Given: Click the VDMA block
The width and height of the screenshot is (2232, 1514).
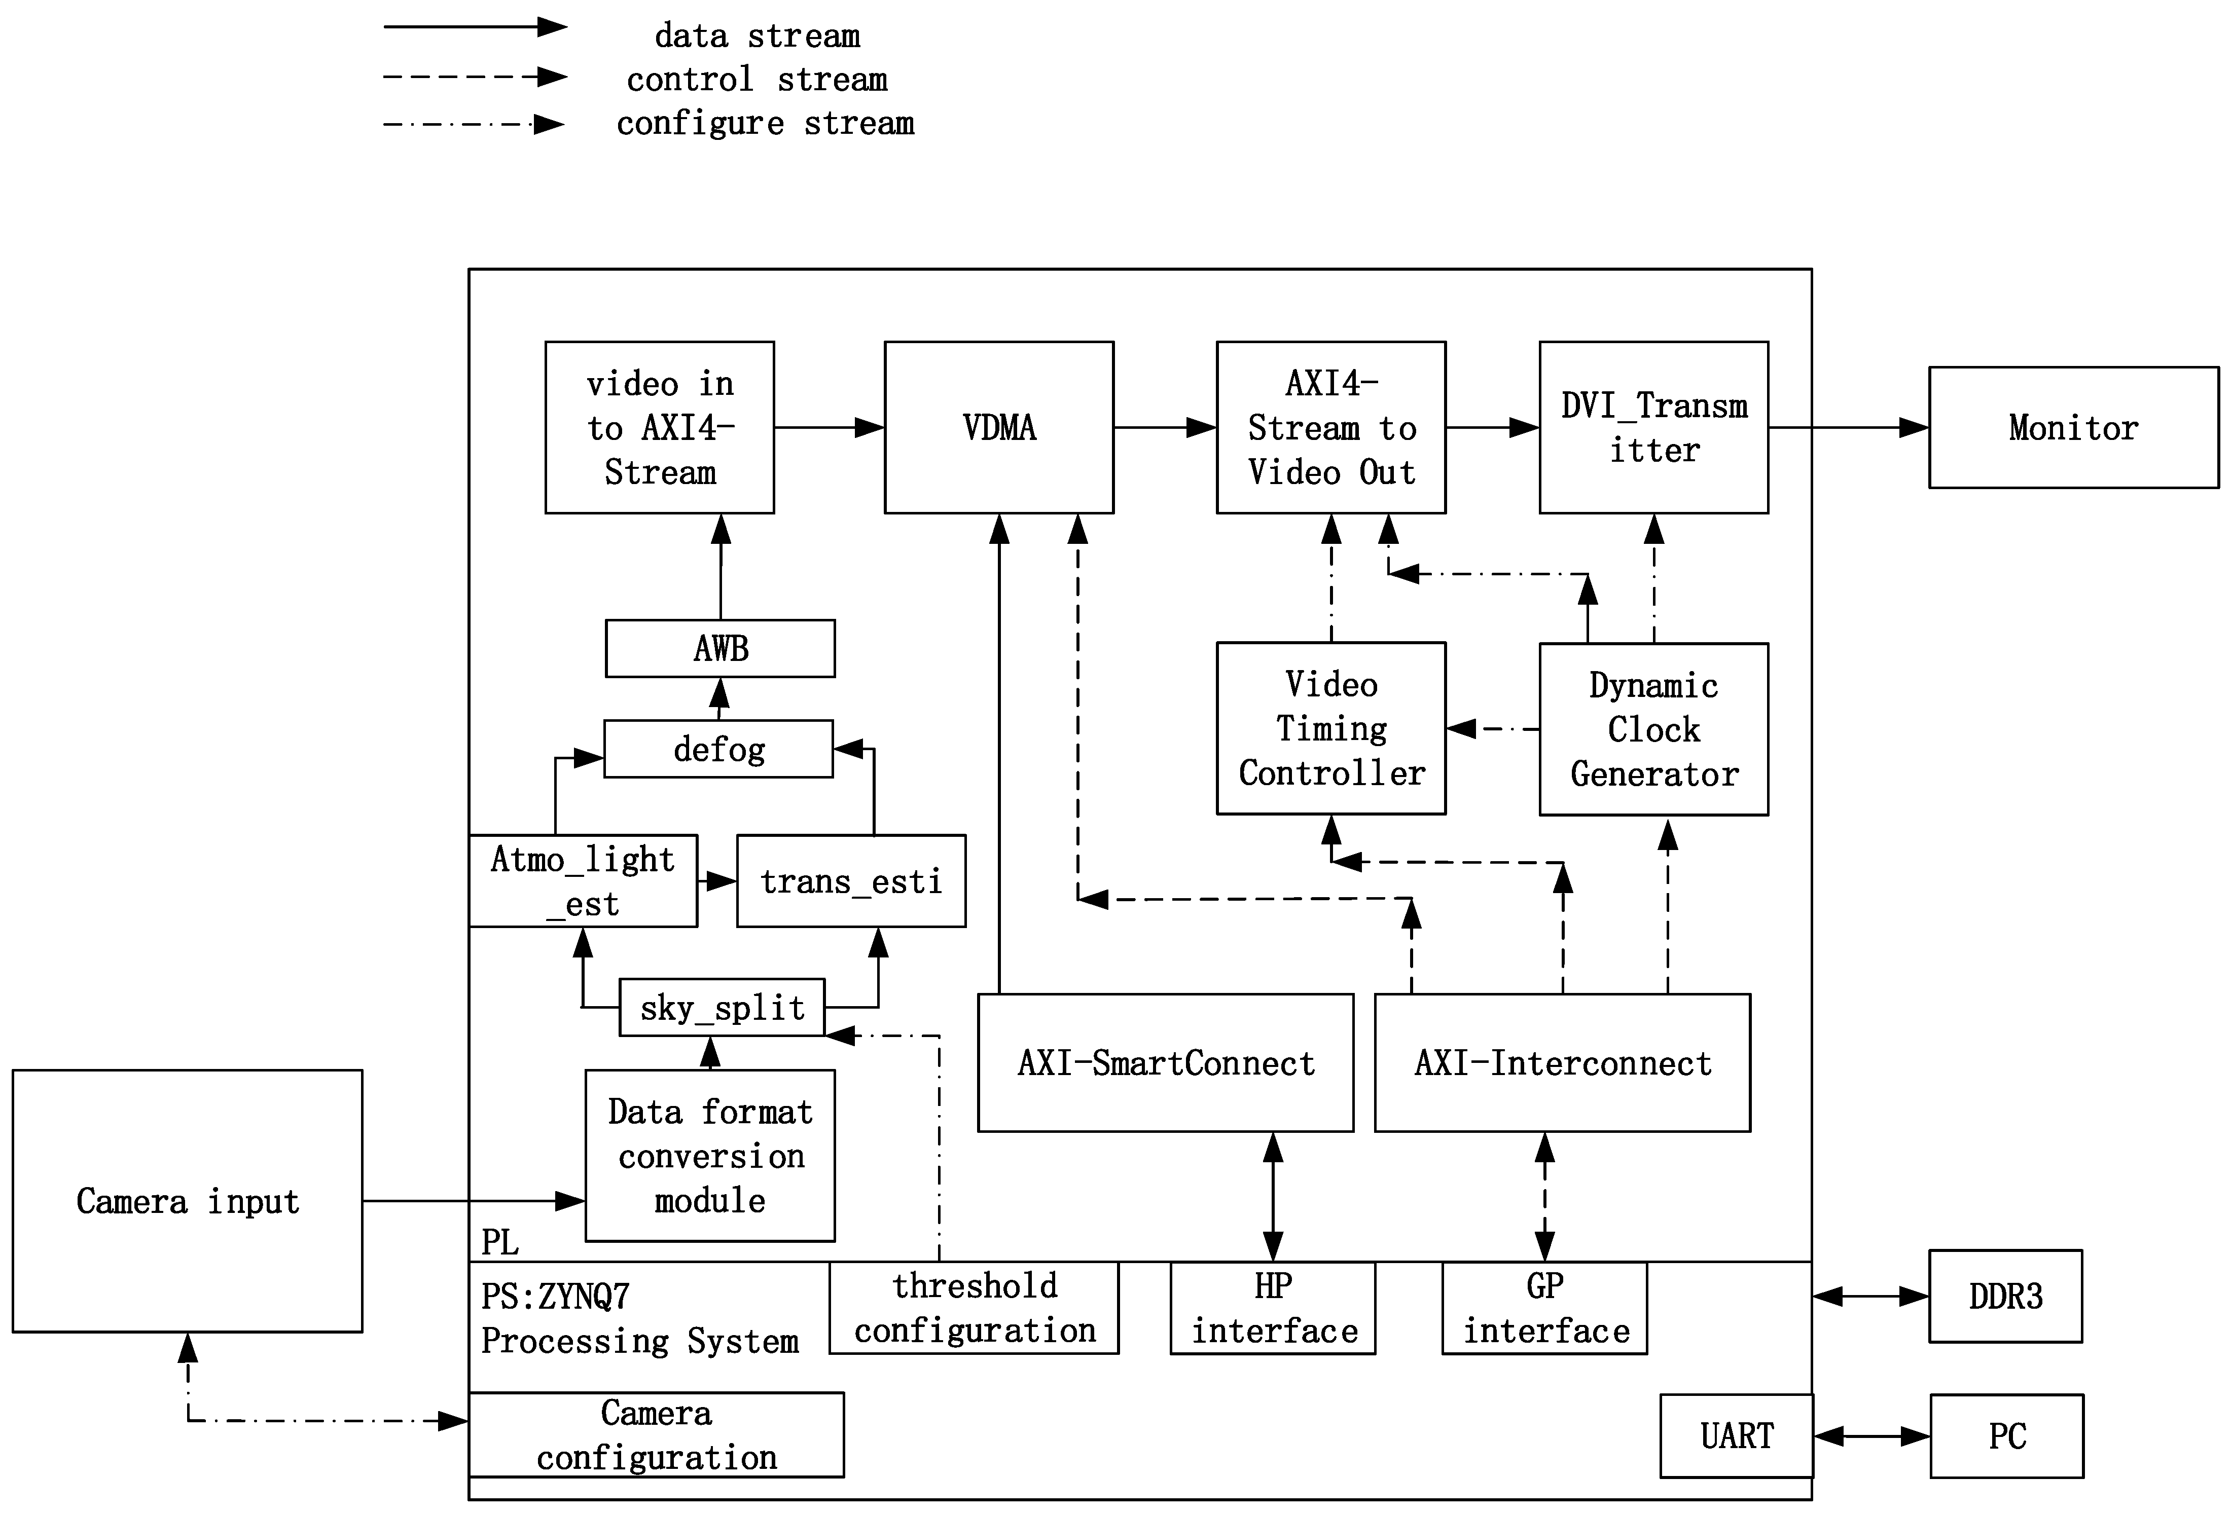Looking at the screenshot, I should [x=999, y=427].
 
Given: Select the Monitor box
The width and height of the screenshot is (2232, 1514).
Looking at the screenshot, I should [x=2073, y=427].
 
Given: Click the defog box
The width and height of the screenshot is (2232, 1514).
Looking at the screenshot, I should [x=718, y=749].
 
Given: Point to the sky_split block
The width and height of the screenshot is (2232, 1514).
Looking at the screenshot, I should [x=722, y=1008].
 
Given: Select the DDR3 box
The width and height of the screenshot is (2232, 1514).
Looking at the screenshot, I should [x=2005, y=1296].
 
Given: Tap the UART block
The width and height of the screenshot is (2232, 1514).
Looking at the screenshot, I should [x=1737, y=1436].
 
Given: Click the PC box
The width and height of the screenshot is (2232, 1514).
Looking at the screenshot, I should [x=2006, y=1436].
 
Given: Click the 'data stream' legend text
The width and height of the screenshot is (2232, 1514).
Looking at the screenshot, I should [x=757, y=35].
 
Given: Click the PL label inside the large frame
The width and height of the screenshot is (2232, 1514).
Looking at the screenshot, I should [x=499, y=1242].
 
